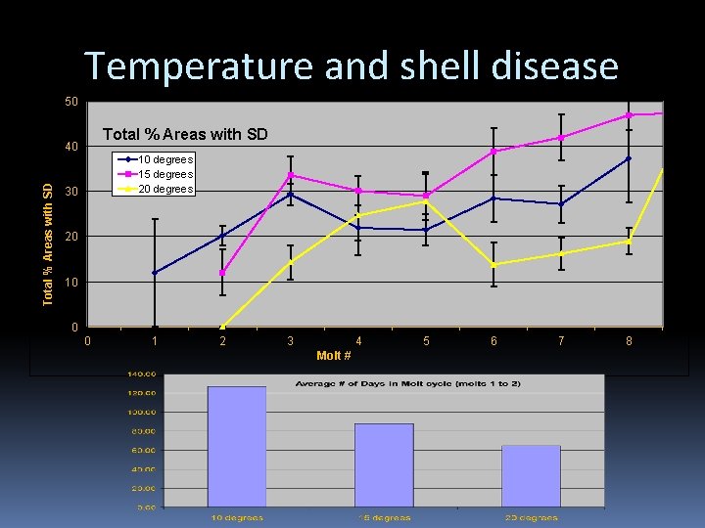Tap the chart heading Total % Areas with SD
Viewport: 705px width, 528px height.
point(185,134)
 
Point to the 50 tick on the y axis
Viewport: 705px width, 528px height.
point(71,102)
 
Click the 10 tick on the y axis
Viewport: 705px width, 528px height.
point(71,283)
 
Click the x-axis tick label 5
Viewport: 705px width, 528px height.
point(426,341)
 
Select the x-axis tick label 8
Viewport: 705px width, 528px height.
point(629,341)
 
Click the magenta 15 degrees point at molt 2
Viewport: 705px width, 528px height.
point(222,273)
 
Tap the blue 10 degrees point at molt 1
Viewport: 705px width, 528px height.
point(155,273)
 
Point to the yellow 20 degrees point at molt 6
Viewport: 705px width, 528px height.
point(493,265)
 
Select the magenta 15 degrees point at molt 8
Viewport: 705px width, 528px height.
point(629,115)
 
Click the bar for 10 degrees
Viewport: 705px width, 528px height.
point(237,447)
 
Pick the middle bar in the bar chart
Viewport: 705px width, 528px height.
point(384,465)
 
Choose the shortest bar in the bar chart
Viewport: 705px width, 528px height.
point(531,476)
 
